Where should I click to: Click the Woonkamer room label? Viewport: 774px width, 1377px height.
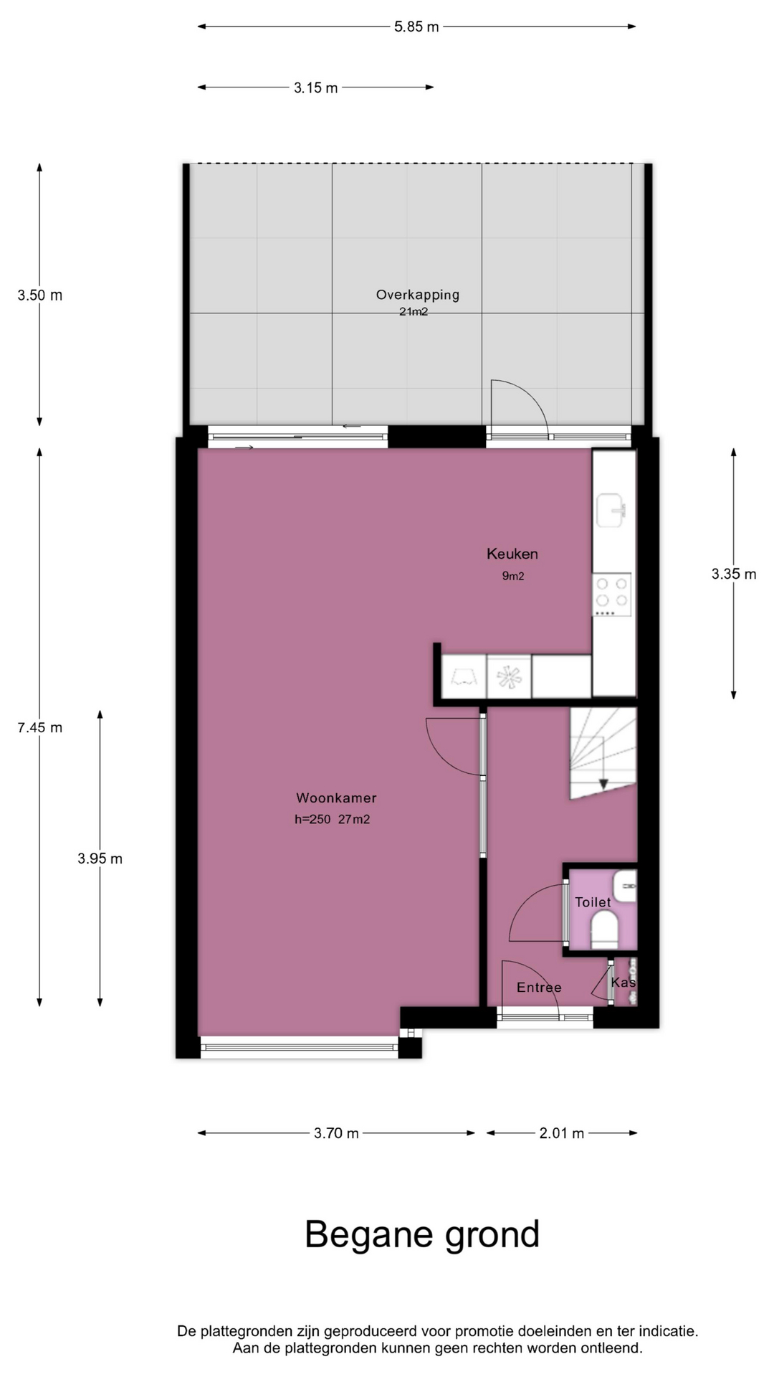point(336,798)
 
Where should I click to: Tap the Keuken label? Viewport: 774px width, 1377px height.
point(512,554)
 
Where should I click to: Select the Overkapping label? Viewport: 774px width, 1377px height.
point(418,294)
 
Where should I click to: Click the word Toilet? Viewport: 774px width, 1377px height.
point(593,902)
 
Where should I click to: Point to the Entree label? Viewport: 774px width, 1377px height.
point(539,988)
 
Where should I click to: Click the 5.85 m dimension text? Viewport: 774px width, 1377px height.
point(416,27)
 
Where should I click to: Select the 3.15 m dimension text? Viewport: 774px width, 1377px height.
point(315,87)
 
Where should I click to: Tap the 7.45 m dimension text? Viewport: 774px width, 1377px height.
point(40,727)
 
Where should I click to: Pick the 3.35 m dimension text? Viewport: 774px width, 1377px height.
point(734,574)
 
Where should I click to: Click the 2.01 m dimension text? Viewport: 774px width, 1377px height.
point(562,1133)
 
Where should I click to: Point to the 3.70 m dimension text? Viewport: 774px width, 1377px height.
point(336,1133)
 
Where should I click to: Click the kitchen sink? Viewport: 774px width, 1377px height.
point(611,510)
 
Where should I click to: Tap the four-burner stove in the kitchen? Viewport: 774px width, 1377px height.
point(612,595)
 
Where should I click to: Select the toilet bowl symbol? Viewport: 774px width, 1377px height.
point(605,930)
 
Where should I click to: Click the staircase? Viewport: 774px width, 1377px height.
point(603,752)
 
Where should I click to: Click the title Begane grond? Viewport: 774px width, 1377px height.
point(422,1235)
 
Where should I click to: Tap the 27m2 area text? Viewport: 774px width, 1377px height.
point(354,819)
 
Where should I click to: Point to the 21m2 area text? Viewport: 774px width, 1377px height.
point(414,312)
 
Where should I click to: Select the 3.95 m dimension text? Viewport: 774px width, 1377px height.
point(100,858)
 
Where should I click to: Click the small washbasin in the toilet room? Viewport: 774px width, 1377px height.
point(626,886)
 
